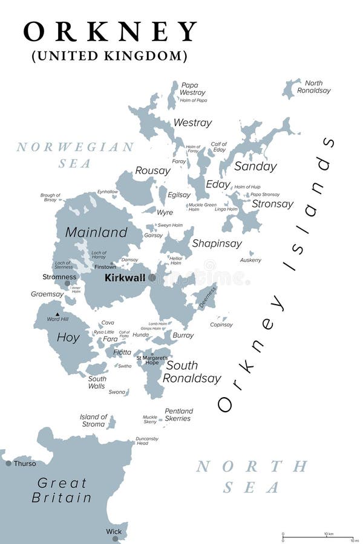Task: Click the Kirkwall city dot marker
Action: point(152,278)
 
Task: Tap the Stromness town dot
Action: point(67,283)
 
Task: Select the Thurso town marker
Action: point(8,464)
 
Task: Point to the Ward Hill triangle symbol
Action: point(57,314)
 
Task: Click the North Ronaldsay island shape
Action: point(291,88)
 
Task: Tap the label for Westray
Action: point(192,123)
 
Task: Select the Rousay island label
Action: point(152,171)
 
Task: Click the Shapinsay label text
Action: point(217,244)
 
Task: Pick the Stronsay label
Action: point(272,204)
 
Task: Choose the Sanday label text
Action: point(255,166)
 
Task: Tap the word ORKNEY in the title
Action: point(110,31)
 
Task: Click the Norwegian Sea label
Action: point(75,155)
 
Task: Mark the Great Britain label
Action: point(62,490)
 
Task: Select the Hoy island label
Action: point(68,338)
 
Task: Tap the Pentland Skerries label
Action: point(178,415)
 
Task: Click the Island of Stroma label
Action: point(93,420)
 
